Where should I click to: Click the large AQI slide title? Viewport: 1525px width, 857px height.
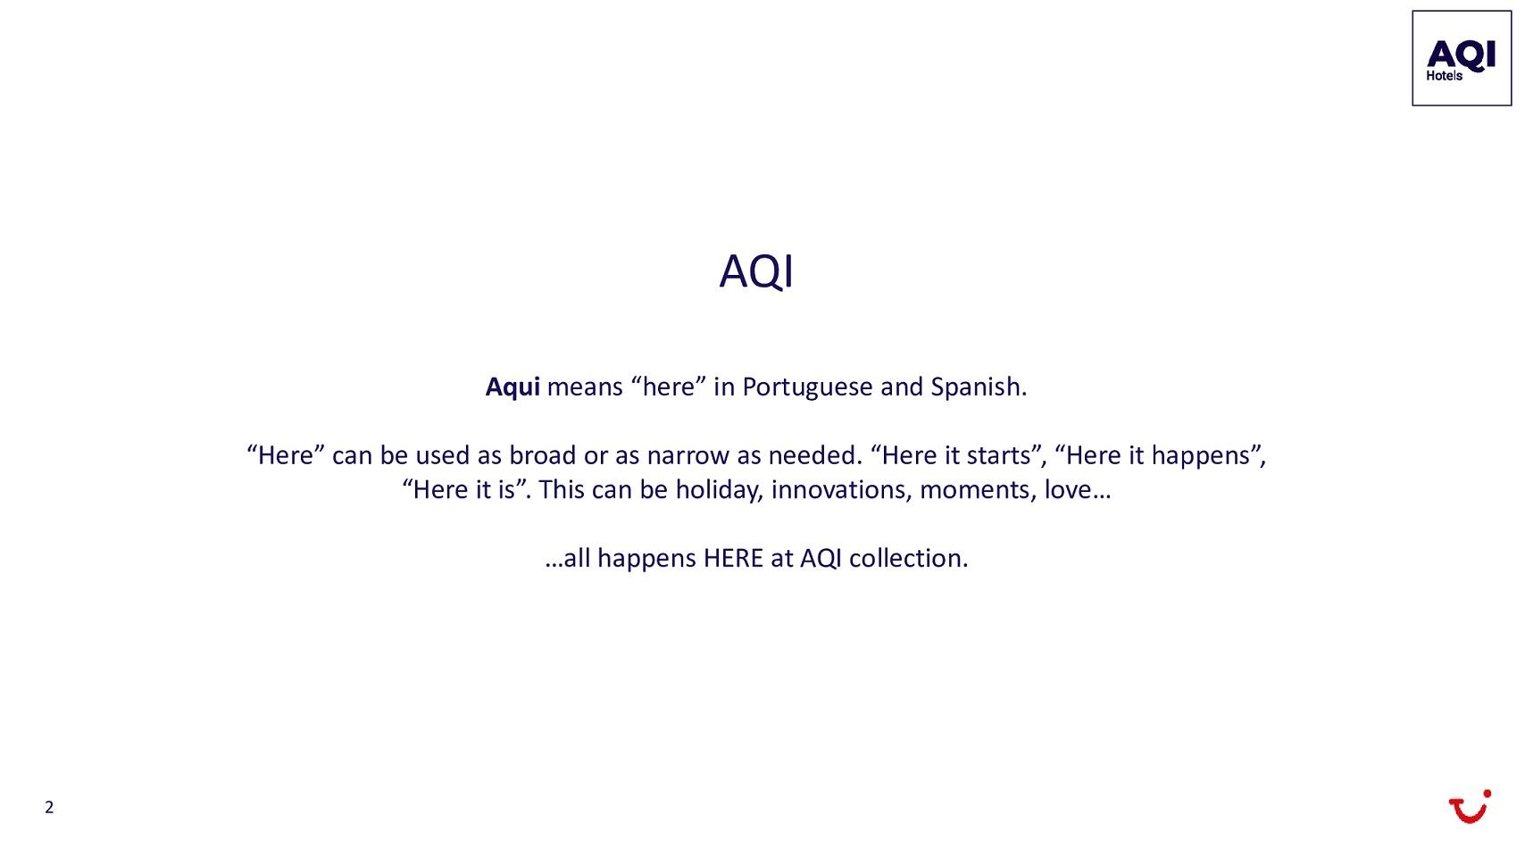[755, 271]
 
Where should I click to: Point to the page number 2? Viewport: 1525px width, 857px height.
[49, 807]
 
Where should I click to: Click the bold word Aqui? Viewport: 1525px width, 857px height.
[512, 387]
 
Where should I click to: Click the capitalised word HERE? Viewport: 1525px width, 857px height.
[733, 559]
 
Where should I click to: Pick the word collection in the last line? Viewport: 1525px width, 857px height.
[908, 559]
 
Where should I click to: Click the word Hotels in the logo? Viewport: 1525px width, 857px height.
[1444, 76]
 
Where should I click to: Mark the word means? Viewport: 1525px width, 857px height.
[585, 388]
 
